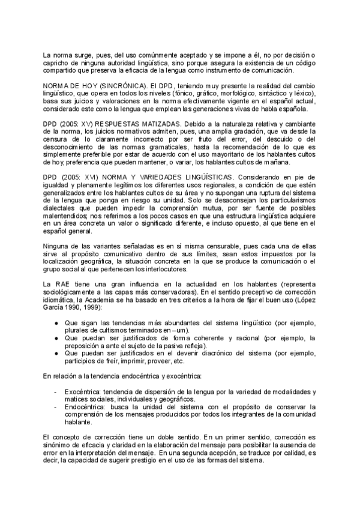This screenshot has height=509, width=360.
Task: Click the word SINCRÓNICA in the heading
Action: [117, 86]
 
